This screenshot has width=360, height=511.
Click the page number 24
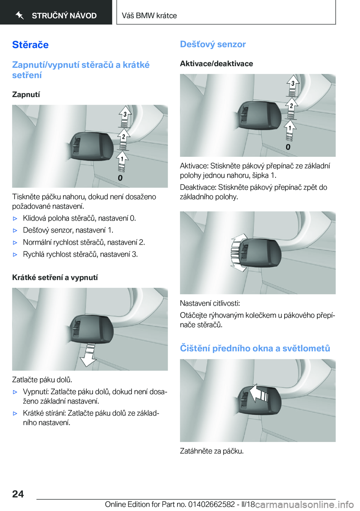[18, 494]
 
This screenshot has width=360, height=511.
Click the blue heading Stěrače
[30, 45]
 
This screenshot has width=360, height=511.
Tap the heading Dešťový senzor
[213, 44]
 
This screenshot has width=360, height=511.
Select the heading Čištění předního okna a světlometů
[255, 348]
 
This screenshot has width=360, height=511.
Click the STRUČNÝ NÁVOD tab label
[64, 16]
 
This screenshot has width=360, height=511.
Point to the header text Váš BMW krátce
[149, 16]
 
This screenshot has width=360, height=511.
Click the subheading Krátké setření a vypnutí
[55, 278]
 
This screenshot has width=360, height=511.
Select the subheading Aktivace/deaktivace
[216, 64]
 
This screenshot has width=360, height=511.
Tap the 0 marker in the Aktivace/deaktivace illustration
[288, 147]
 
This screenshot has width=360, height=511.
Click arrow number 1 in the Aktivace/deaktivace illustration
[290, 128]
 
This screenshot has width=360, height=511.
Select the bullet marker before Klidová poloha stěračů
[15, 218]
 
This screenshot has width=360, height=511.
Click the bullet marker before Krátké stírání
[15, 413]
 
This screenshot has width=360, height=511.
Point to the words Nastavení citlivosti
[210, 303]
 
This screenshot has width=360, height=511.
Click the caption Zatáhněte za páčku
[212, 451]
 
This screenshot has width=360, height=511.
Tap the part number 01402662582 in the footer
[211, 504]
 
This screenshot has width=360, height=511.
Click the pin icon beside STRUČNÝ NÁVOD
[20, 15]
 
